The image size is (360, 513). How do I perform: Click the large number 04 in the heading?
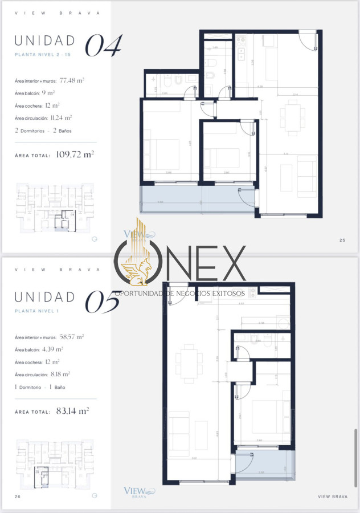pos(104,46)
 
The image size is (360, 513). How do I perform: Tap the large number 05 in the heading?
pos(103,302)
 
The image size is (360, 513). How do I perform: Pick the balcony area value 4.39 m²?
pos(52,349)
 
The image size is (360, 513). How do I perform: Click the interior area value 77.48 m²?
pos(72,81)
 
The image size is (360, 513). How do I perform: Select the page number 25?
pos(342,240)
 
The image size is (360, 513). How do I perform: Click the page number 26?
pos(18,497)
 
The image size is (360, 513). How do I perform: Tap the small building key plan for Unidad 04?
pos(50,207)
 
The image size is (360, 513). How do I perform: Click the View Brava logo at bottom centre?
pos(138,492)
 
